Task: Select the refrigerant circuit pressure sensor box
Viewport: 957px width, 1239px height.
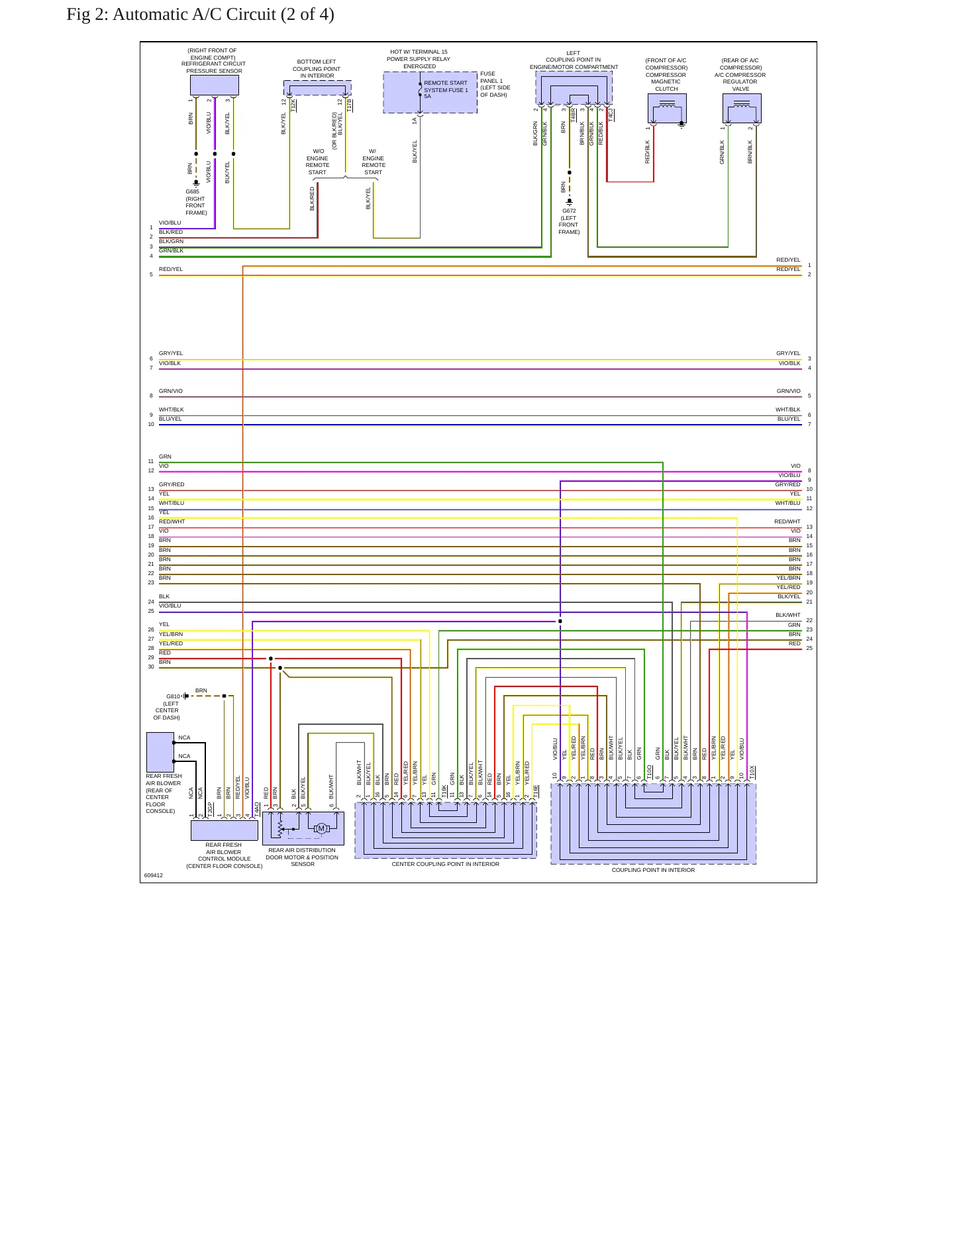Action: (x=214, y=85)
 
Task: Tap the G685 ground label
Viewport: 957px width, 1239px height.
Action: (x=192, y=191)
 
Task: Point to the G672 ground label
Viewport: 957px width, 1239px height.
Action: (x=569, y=211)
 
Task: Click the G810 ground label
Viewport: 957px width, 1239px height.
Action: (x=173, y=696)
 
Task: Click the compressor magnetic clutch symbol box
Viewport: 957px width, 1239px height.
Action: (x=667, y=108)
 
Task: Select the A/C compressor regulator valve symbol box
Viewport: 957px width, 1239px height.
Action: (x=742, y=108)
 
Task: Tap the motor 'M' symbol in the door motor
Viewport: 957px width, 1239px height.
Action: (x=321, y=828)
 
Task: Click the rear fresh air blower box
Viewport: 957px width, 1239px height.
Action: (x=160, y=752)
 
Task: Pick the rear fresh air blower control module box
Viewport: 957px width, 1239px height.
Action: (x=225, y=830)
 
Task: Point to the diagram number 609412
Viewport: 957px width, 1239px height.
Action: (x=153, y=875)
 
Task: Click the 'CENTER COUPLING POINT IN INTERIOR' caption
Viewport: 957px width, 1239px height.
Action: (x=445, y=864)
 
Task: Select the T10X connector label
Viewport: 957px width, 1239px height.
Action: (x=752, y=772)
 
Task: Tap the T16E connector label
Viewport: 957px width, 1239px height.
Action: (x=536, y=791)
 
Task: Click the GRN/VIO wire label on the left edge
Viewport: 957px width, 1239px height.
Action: (x=171, y=391)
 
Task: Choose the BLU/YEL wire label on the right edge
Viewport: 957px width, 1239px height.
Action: (x=789, y=419)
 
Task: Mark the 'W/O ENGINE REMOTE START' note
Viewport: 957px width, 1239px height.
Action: (x=317, y=162)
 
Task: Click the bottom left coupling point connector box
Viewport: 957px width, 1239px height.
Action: (x=317, y=87)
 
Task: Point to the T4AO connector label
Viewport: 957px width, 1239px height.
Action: (x=257, y=808)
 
